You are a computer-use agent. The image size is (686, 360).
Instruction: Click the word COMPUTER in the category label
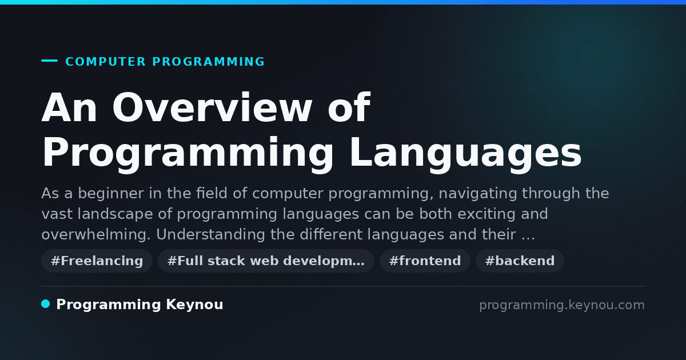pyautogui.click(x=105, y=62)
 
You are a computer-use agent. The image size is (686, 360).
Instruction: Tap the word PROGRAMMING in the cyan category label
pyautogui.click(x=208, y=62)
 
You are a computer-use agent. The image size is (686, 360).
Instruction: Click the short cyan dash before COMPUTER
pyautogui.click(x=49, y=61)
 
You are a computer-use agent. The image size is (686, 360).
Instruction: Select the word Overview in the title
pyautogui.click(x=213, y=107)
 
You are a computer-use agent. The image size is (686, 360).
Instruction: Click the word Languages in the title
pyautogui.click(x=465, y=152)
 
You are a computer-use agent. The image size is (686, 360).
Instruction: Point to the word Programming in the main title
pyautogui.click(x=188, y=152)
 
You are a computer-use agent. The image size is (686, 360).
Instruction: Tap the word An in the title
pyautogui.click(x=69, y=107)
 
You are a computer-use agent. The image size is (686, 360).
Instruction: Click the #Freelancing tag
pyautogui.click(x=97, y=261)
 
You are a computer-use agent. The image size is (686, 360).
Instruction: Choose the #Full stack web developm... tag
pyautogui.click(x=266, y=261)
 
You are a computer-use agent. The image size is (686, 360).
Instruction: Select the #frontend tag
pyautogui.click(x=425, y=261)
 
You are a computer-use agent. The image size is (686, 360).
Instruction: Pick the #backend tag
pyautogui.click(x=520, y=261)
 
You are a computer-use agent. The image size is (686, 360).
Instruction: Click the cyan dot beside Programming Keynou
pyautogui.click(x=46, y=304)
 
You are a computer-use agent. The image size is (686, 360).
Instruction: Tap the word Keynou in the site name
pyautogui.click(x=194, y=305)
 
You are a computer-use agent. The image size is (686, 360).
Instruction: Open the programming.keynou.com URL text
pyautogui.click(x=562, y=305)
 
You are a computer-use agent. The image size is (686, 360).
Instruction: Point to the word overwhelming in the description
pyautogui.click(x=96, y=234)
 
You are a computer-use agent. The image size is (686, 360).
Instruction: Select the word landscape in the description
pyautogui.click(x=115, y=214)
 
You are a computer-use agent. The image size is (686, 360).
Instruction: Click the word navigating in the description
pyautogui.click(x=478, y=194)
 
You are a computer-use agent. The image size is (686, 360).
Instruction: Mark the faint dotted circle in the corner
pyautogui.click(x=590, y=55)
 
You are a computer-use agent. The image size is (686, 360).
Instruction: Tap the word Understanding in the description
pyautogui.click(x=210, y=234)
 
